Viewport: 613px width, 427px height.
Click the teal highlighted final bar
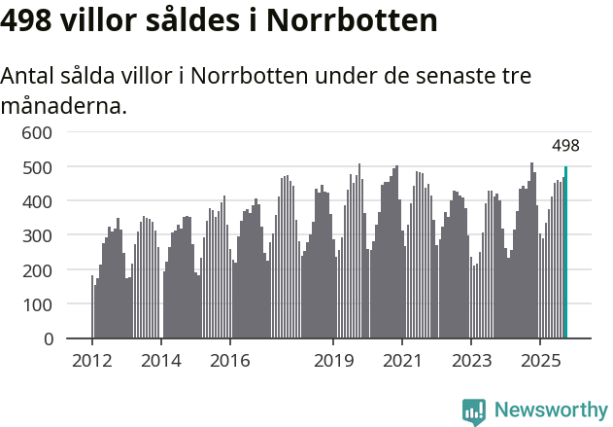[565, 253]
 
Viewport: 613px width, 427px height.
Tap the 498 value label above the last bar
[565, 146]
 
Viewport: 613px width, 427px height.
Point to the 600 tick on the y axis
[41, 132]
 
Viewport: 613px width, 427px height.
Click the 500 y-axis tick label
[41, 167]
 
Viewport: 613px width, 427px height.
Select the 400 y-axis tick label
[41, 201]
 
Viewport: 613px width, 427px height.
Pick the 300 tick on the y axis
[41, 235]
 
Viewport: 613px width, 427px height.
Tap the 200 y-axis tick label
[41, 270]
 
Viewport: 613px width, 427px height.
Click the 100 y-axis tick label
[41, 304]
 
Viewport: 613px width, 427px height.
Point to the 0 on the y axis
[49, 338]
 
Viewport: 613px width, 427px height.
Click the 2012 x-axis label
[92, 362]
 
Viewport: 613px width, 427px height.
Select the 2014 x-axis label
[160, 362]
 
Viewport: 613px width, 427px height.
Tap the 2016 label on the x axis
[229, 362]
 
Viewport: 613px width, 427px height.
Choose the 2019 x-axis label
[333, 362]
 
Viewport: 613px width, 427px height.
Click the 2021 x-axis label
[401, 362]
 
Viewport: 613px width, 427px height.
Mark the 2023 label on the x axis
[470, 362]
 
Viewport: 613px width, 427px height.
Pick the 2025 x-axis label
[538, 362]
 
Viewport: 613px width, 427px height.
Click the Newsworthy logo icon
[474, 411]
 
